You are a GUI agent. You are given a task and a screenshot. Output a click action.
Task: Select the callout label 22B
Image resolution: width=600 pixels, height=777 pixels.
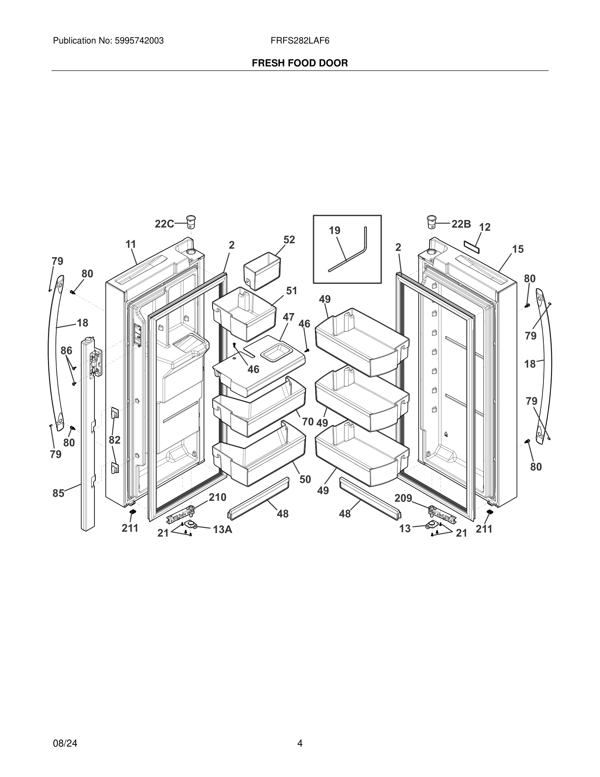tap(461, 224)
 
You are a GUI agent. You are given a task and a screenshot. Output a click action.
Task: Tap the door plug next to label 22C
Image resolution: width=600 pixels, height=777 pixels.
tap(191, 222)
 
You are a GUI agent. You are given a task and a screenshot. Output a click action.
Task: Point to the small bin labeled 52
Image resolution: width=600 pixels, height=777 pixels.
tap(262, 271)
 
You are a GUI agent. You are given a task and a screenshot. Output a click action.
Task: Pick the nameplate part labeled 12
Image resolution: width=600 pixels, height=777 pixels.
tap(472, 246)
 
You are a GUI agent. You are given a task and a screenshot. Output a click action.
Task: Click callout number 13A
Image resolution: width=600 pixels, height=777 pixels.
tap(223, 530)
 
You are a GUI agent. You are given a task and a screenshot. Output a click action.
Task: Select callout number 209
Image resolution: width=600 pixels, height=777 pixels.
tap(403, 498)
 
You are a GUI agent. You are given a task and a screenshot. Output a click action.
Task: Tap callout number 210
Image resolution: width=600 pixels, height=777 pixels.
tap(217, 497)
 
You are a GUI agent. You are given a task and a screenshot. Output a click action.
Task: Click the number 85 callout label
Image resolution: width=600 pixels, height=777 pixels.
tap(58, 493)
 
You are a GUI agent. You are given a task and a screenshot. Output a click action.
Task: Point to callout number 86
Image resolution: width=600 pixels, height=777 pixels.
tap(66, 351)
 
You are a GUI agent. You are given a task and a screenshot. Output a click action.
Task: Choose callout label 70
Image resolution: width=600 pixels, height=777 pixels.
tap(308, 422)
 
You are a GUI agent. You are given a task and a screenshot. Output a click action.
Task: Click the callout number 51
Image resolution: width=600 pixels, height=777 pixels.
tap(292, 291)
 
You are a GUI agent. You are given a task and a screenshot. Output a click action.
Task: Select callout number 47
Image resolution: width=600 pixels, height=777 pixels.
tap(289, 317)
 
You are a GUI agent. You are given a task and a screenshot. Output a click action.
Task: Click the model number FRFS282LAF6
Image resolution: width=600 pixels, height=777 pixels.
tap(300, 41)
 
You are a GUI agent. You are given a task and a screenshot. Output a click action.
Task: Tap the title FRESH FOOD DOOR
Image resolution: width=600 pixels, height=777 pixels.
tap(300, 63)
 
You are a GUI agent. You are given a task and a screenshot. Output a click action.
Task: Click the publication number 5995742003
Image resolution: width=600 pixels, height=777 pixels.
tap(139, 41)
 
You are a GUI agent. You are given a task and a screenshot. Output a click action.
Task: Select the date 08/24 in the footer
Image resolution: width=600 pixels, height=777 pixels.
tap(65, 743)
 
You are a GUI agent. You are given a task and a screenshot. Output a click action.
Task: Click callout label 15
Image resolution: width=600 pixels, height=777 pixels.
tap(518, 249)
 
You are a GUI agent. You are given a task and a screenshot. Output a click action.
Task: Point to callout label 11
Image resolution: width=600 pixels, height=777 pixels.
tap(131, 244)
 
